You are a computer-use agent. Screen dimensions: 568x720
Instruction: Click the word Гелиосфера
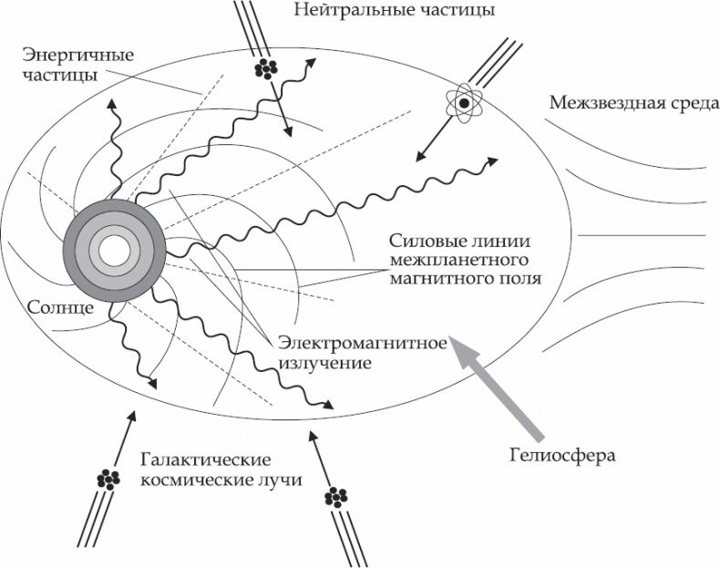(563, 453)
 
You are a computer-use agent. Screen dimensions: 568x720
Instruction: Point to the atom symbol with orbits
(464, 103)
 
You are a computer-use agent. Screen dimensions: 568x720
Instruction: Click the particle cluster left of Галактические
(109, 478)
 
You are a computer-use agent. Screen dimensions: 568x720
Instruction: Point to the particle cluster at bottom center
(336, 497)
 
